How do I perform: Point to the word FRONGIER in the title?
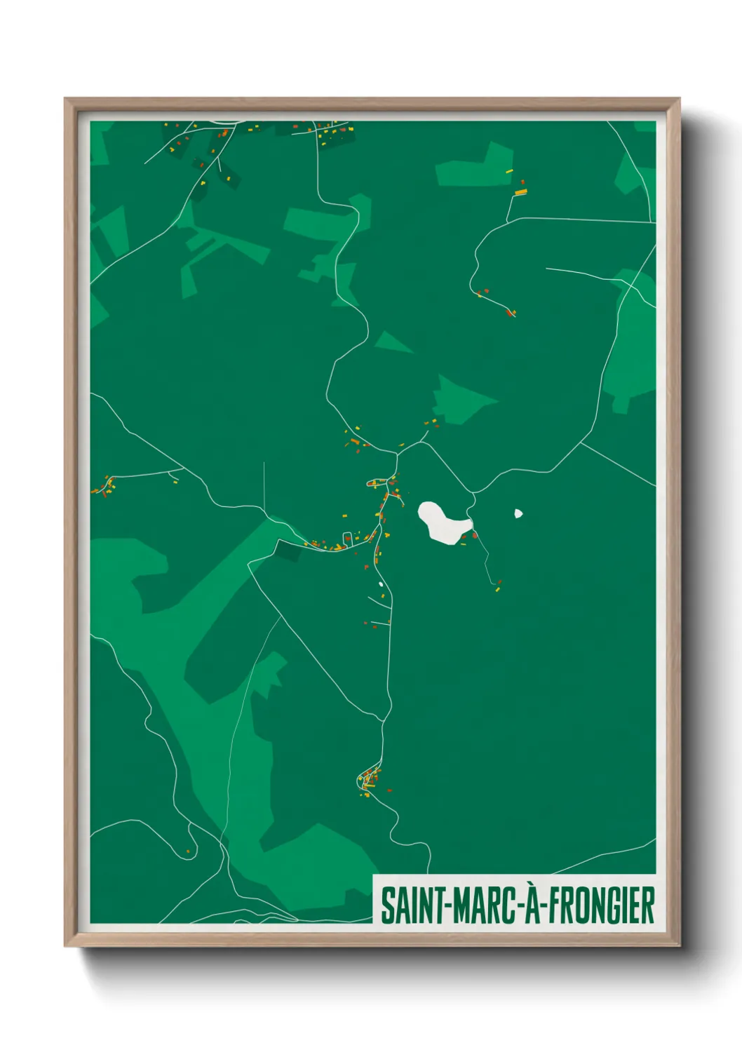[x=600, y=905]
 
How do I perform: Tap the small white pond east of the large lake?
[x=518, y=513]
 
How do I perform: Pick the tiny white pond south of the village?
[x=381, y=584]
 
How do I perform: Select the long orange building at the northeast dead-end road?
[x=520, y=191]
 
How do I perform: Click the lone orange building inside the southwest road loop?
[x=188, y=851]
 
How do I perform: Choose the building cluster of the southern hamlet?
[x=369, y=781]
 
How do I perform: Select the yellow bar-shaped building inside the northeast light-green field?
[x=510, y=170]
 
